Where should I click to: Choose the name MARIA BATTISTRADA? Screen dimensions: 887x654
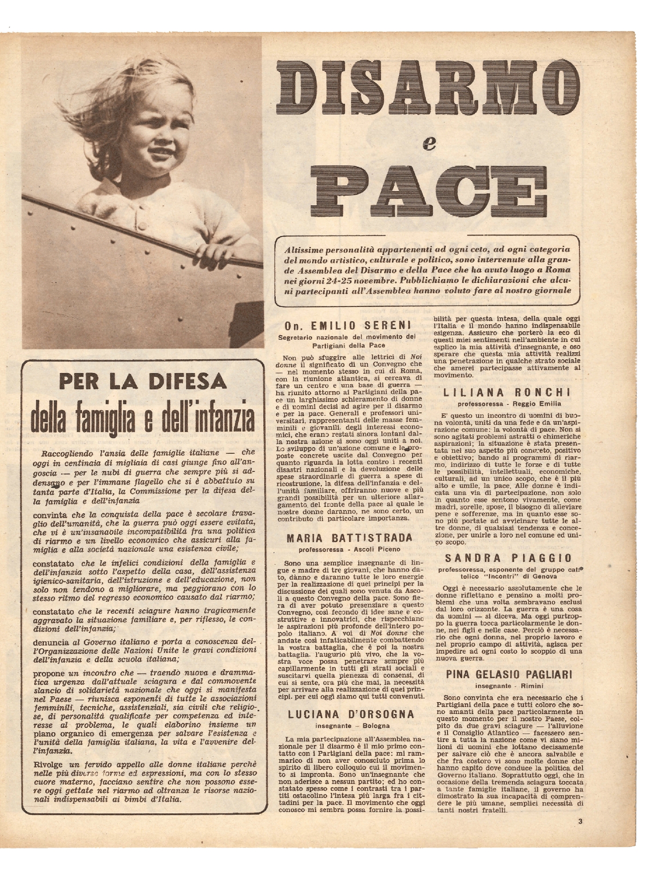pos(349,538)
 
